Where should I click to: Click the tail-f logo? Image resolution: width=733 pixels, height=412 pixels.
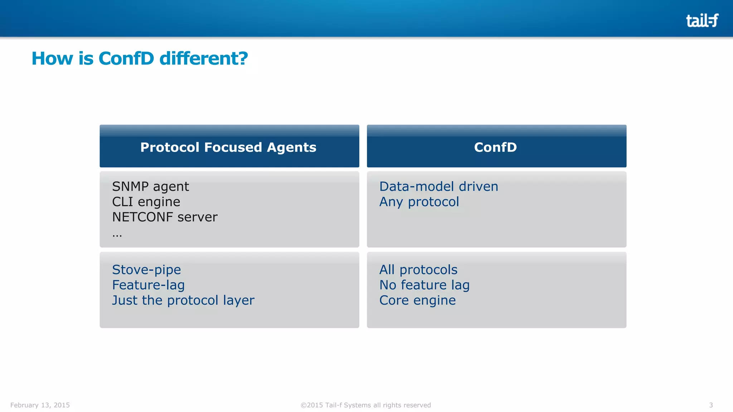click(702, 20)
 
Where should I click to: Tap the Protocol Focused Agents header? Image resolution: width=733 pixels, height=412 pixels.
click(228, 147)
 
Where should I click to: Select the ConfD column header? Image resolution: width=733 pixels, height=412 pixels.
click(495, 147)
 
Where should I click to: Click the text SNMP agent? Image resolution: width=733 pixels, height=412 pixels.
click(150, 187)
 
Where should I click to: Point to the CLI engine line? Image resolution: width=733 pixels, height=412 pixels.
click(146, 202)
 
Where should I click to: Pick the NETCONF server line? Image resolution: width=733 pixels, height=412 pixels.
click(165, 217)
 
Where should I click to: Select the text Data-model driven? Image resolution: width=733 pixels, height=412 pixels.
click(438, 187)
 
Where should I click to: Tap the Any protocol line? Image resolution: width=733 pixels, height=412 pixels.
click(419, 202)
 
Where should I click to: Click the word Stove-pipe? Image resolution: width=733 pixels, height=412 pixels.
click(146, 270)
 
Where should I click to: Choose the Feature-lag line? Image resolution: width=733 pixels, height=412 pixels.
click(148, 285)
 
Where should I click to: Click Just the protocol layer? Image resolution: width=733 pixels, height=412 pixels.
click(183, 300)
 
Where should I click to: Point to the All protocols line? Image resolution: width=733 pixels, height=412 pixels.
click(418, 270)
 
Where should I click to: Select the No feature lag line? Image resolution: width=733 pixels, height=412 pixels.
click(424, 285)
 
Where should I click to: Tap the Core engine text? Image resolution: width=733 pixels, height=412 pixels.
click(417, 300)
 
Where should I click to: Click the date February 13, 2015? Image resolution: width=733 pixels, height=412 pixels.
click(40, 405)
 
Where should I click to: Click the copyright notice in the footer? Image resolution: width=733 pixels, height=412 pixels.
click(365, 405)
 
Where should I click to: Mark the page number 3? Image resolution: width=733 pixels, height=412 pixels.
click(711, 405)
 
